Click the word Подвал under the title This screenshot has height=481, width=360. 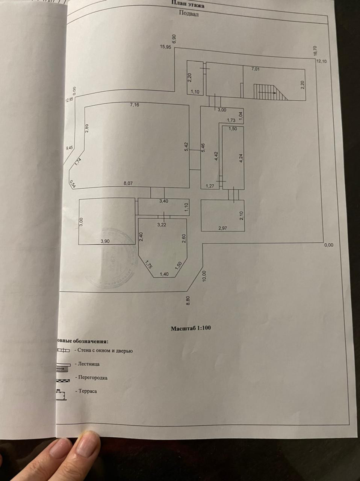click(189, 14)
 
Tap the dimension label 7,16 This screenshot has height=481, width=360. click(134, 105)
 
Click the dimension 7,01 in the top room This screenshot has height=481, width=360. click(255, 69)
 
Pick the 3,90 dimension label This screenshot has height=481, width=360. click(105, 241)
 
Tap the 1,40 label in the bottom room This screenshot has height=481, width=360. click(164, 274)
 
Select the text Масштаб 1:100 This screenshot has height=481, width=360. click(191, 328)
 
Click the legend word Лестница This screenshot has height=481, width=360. click(89, 364)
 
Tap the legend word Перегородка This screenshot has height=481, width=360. click(93, 378)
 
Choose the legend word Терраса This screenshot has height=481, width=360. click(88, 391)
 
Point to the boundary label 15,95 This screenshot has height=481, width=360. click(165, 47)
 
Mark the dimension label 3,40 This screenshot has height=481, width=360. click(163, 201)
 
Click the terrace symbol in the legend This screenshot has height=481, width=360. click(61, 393)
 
